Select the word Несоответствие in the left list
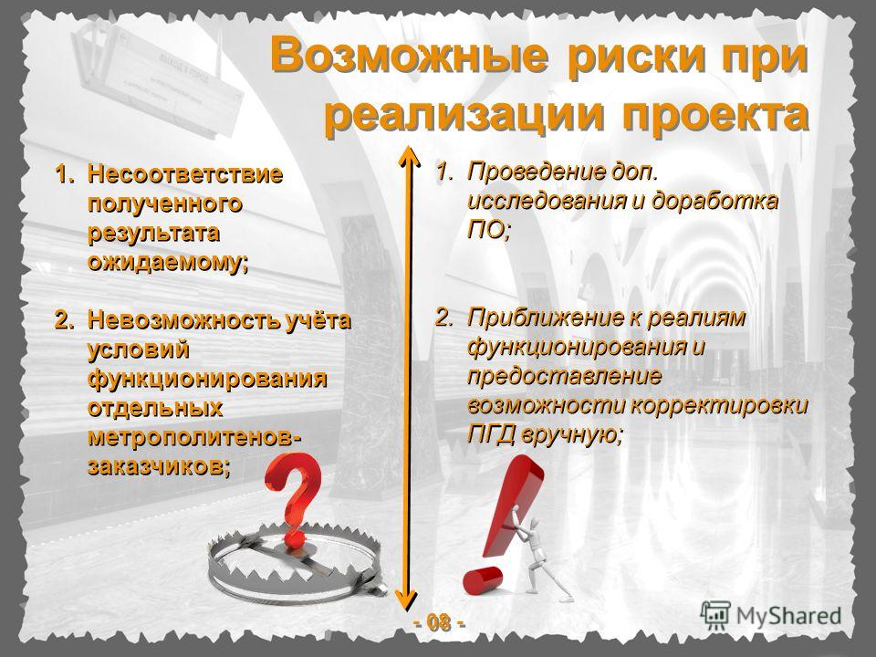185,173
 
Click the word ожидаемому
168,262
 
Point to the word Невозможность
187,320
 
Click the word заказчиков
159,465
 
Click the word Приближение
546,318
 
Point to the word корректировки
720,405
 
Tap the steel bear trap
296,564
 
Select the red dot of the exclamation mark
483,580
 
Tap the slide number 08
439,621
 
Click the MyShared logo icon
715,616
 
